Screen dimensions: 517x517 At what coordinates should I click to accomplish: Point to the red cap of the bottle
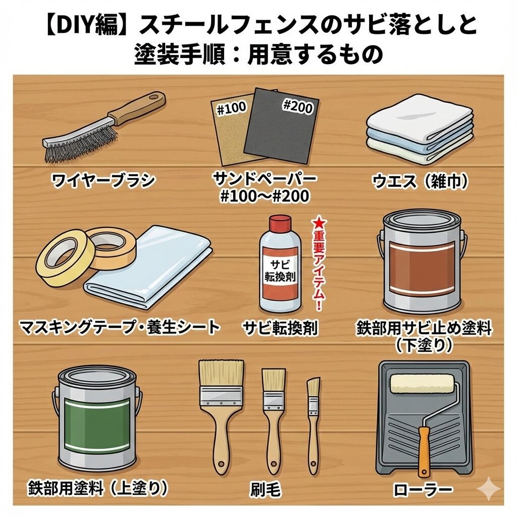pyautogui.click(x=280, y=224)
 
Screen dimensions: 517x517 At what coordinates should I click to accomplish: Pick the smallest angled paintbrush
pyautogui.click(x=313, y=425)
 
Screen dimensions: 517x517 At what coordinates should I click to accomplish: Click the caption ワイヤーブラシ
pyautogui.click(x=103, y=180)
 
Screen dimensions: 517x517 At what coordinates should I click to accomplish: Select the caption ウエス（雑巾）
pyautogui.click(x=420, y=181)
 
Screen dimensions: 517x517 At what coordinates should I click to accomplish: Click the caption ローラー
pyautogui.click(x=423, y=490)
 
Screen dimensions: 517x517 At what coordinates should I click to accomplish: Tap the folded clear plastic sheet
pyautogui.click(x=148, y=267)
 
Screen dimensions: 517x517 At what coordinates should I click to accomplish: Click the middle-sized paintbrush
pyautogui.click(x=273, y=419)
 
